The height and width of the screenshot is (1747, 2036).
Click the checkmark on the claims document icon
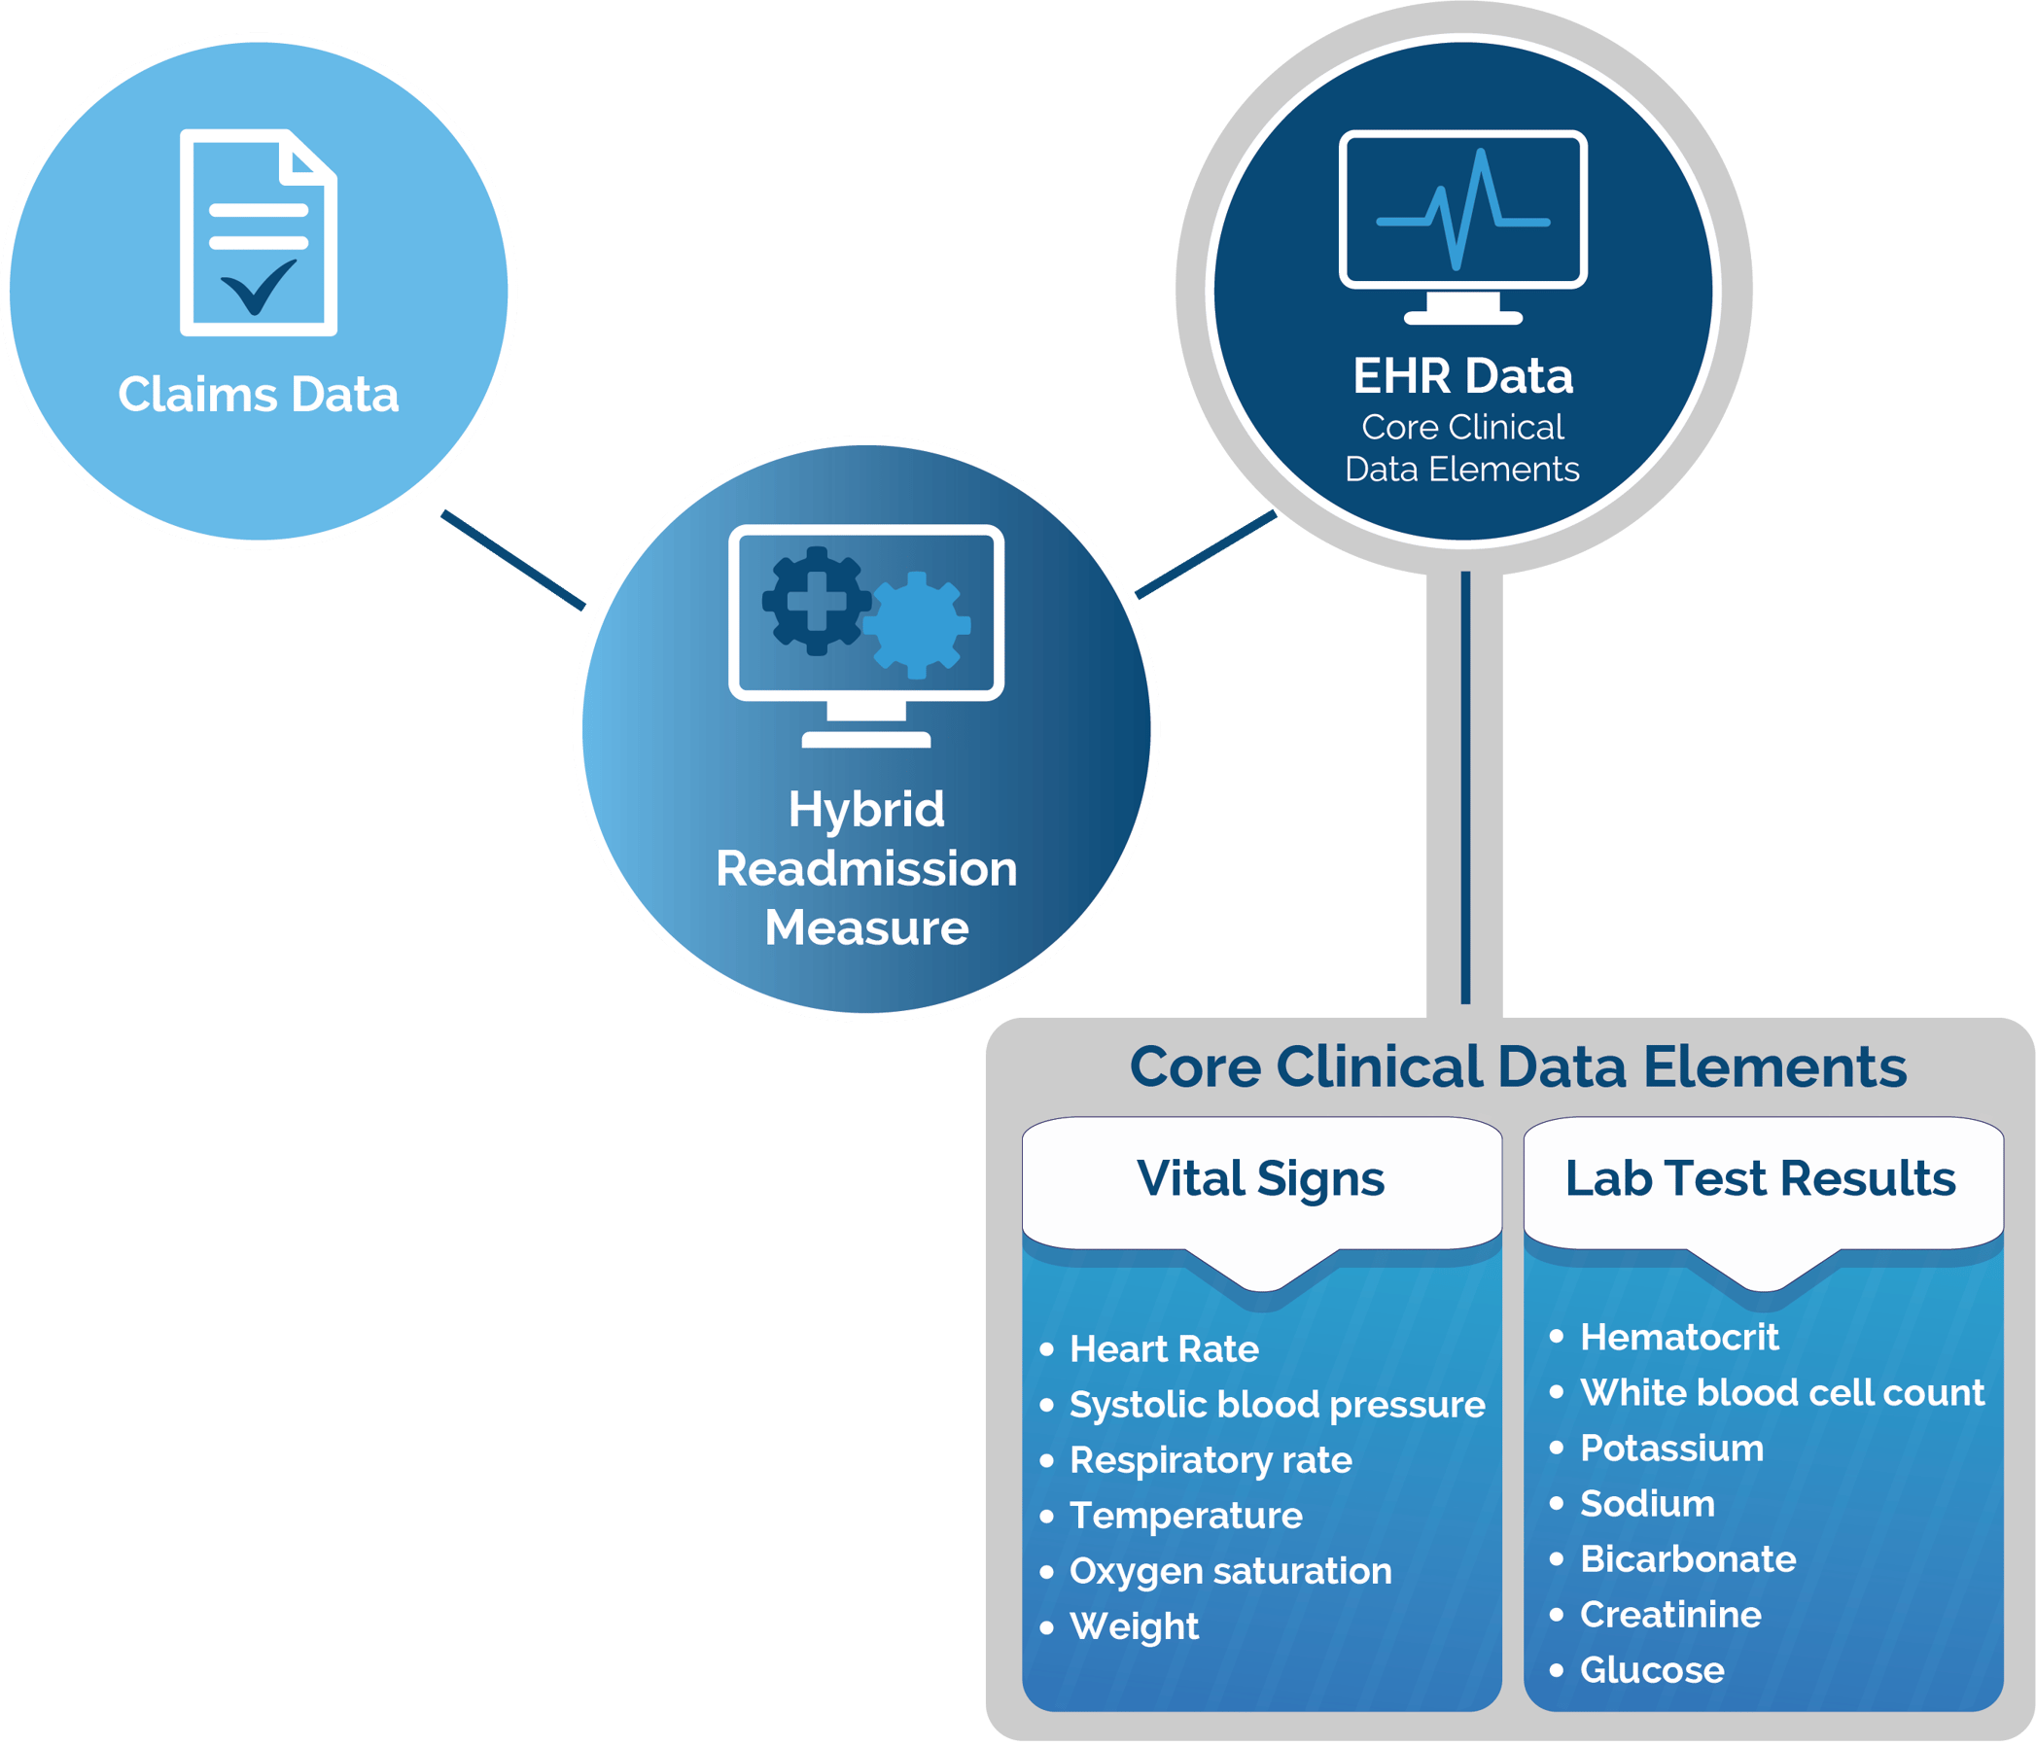[259, 287]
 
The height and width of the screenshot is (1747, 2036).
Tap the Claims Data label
[259, 395]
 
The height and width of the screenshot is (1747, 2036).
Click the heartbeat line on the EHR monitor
[1463, 211]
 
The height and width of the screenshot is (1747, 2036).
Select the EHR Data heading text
[1462, 376]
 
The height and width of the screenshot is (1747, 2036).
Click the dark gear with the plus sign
[816, 600]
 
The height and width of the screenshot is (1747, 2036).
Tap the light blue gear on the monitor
[918, 625]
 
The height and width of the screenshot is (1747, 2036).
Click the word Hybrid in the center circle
[865, 810]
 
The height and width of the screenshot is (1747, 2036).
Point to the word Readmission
[865, 868]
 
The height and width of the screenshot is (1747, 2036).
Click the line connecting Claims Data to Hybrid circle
[514, 560]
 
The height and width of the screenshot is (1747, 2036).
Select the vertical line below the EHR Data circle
[1465, 786]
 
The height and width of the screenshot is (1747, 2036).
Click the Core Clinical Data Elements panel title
[1518, 1067]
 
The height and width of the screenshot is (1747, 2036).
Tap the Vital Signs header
[1261, 1178]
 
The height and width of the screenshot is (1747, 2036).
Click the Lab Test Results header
[1760, 1178]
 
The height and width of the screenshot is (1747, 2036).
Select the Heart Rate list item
[1164, 1349]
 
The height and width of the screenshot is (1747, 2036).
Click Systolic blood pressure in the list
[1277, 1404]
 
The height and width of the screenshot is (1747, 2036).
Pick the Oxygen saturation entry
[1230, 1570]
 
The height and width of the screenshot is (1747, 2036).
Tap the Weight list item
[1134, 1626]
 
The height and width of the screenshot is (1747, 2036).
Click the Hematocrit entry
[1679, 1338]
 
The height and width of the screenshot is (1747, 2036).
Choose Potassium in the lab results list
[1671, 1449]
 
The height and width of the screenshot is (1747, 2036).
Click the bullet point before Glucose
[1557, 1669]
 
